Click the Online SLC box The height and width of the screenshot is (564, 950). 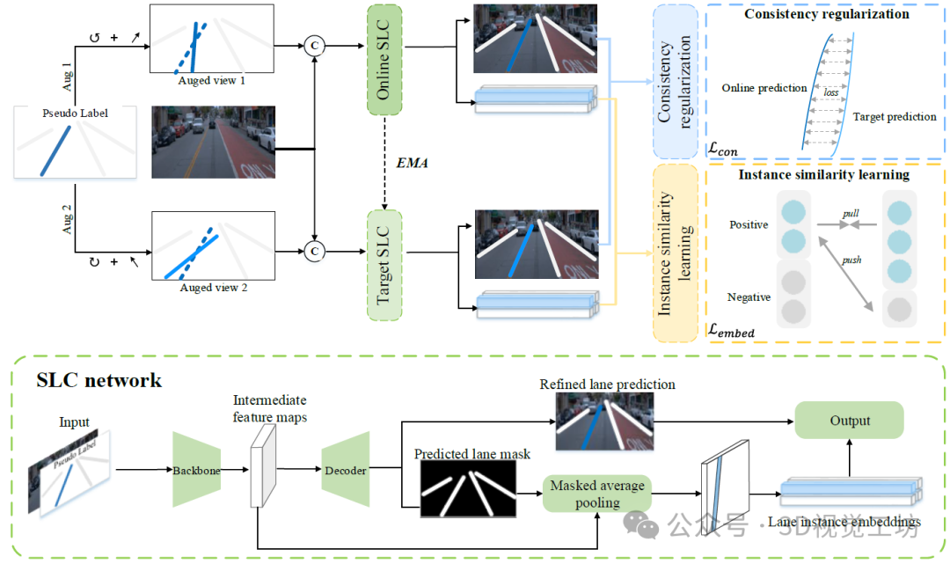coord(384,59)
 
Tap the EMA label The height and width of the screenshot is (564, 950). coord(412,163)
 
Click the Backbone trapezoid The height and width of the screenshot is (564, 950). coord(196,470)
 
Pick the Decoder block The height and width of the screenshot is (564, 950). coord(346,470)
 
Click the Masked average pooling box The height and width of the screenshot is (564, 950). coord(597,494)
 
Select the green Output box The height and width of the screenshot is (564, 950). coord(849,421)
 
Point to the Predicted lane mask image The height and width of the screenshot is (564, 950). coord(472,489)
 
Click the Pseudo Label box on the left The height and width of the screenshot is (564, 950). coord(75,142)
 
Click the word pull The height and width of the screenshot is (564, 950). coord(851,214)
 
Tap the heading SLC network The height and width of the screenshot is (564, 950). coord(99,380)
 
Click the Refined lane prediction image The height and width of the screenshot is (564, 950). coord(607,420)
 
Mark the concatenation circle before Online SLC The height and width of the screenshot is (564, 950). coord(314,46)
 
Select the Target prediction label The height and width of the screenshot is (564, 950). coord(895,116)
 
